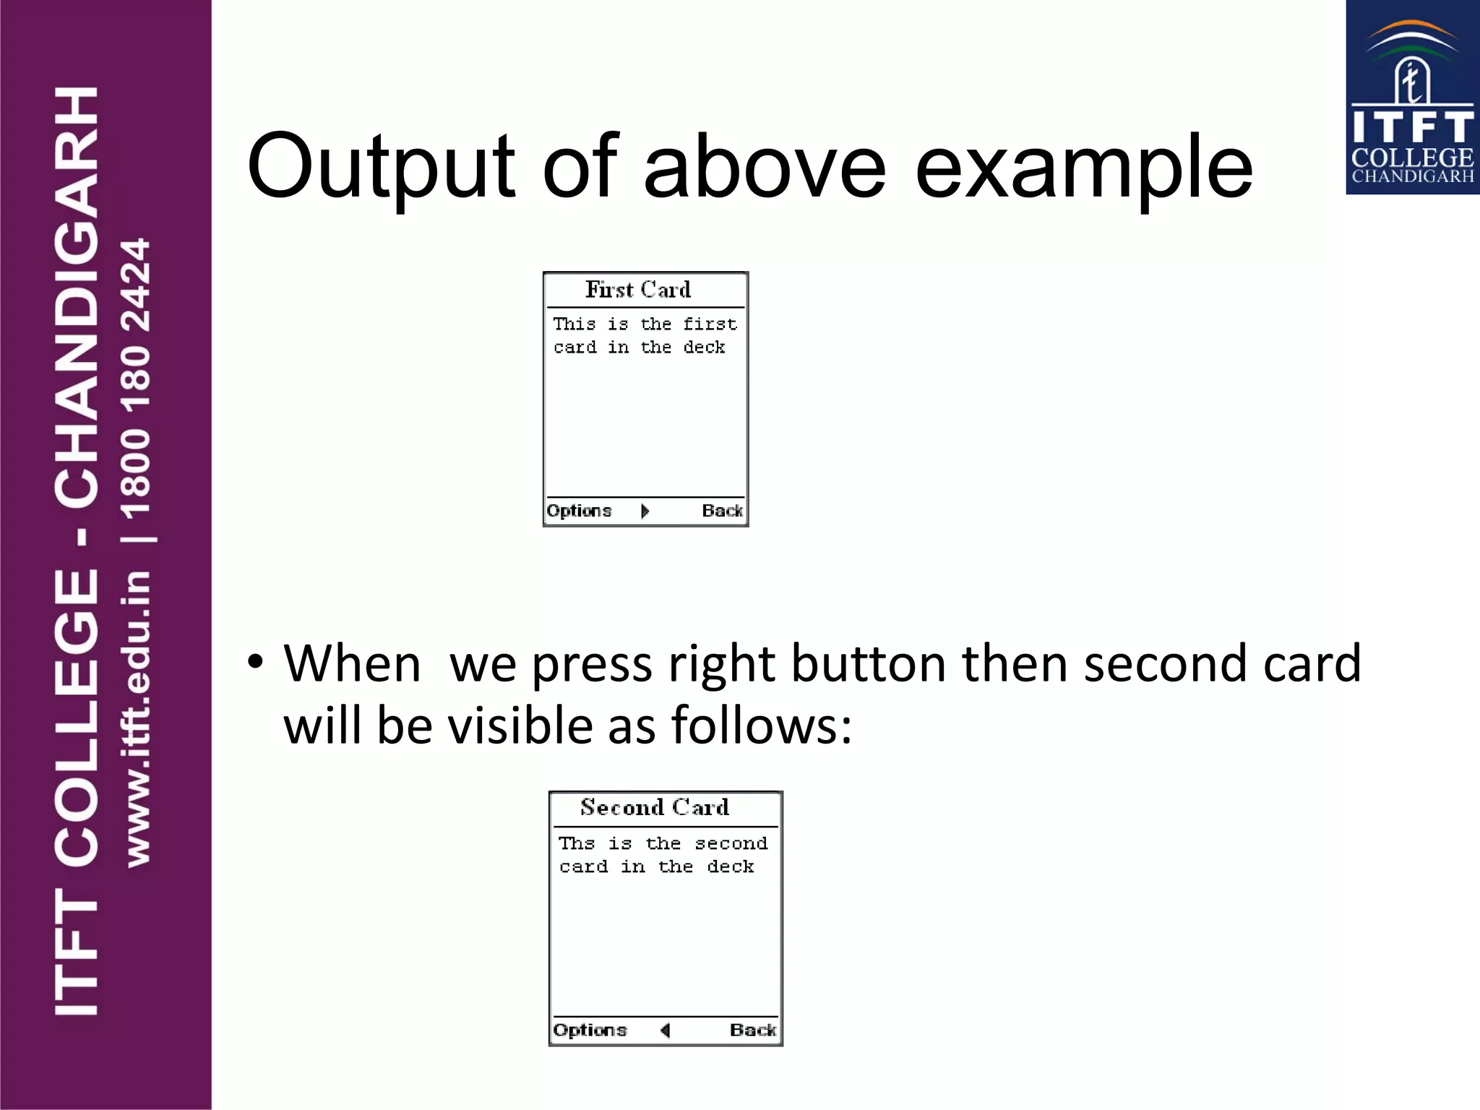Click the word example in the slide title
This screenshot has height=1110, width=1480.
[1084, 171]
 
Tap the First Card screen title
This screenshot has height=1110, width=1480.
[638, 290]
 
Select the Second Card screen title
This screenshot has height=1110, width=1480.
[655, 807]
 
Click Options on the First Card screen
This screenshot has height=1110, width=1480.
[579, 511]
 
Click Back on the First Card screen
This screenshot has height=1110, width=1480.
[722, 511]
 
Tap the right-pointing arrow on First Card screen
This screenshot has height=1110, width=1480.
[645, 511]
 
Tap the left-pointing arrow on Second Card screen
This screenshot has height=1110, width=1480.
[666, 1030]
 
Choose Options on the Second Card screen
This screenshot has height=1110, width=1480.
[590, 1030]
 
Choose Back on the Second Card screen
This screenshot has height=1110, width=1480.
[753, 1030]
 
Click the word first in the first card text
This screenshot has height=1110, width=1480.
[710, 324]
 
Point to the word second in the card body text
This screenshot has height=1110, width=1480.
[731, 843]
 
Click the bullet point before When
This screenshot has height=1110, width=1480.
[254, 661]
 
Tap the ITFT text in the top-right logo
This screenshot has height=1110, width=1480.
[1412, 127]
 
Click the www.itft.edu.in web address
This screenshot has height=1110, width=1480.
[137, 719]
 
